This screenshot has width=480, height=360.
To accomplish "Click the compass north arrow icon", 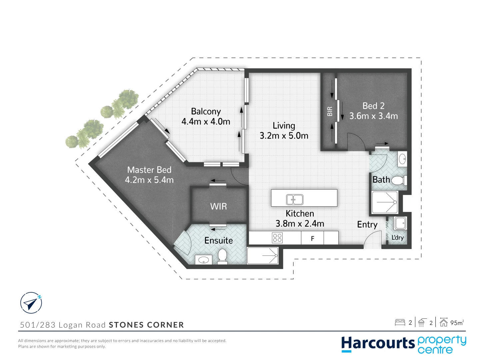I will (x=31, y=303).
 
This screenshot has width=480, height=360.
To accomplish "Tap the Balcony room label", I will (x=206, y=111).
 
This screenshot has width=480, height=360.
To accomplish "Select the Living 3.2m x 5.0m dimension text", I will (x=284, y=136).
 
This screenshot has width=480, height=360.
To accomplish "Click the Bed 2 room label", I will (x=373, y=106).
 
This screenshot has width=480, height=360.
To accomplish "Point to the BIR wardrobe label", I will (x=330, y=111).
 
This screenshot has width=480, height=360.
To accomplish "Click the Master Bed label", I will (x=149, y=170).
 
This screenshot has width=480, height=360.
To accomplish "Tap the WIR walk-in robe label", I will (x=218, y=207).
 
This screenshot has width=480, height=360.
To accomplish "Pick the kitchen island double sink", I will (x=295, y=199).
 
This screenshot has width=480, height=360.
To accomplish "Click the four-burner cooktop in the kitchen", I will (x=277, y=238).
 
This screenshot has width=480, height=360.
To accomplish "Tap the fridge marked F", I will (x=312, y=239).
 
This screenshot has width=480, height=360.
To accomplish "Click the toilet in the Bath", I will (x=398, y=181).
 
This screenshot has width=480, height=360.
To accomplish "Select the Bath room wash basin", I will (x=402, y=159).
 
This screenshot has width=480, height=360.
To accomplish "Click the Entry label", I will (x=367, y=225).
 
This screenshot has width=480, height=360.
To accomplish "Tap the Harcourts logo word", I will (x=378, y=344).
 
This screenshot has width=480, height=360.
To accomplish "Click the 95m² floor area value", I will (x=457, y=323).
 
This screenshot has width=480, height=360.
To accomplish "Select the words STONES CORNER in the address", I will (x=146, y=325).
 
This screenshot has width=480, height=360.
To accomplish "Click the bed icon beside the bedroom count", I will (x=400, y=322).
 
